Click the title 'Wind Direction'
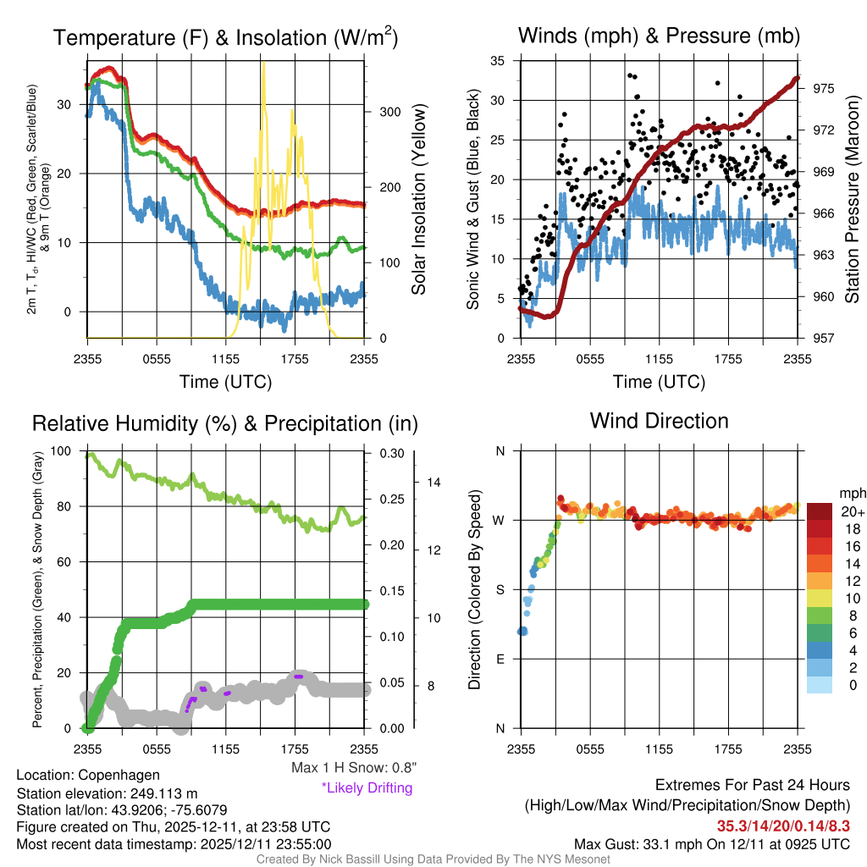coord(659,421)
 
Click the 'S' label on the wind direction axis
coord(500,589)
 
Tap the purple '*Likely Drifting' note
coord(367,787)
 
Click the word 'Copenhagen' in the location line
coord(118,775)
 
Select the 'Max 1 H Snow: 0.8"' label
coord(353,768)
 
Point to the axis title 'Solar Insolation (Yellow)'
coord(418,200)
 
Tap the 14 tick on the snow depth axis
coord(433,483)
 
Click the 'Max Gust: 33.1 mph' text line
coord(711,844)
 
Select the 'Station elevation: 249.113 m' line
coord(107,793)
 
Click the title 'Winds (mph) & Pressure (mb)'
coord(659,36)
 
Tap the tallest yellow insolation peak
coord(263,64)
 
